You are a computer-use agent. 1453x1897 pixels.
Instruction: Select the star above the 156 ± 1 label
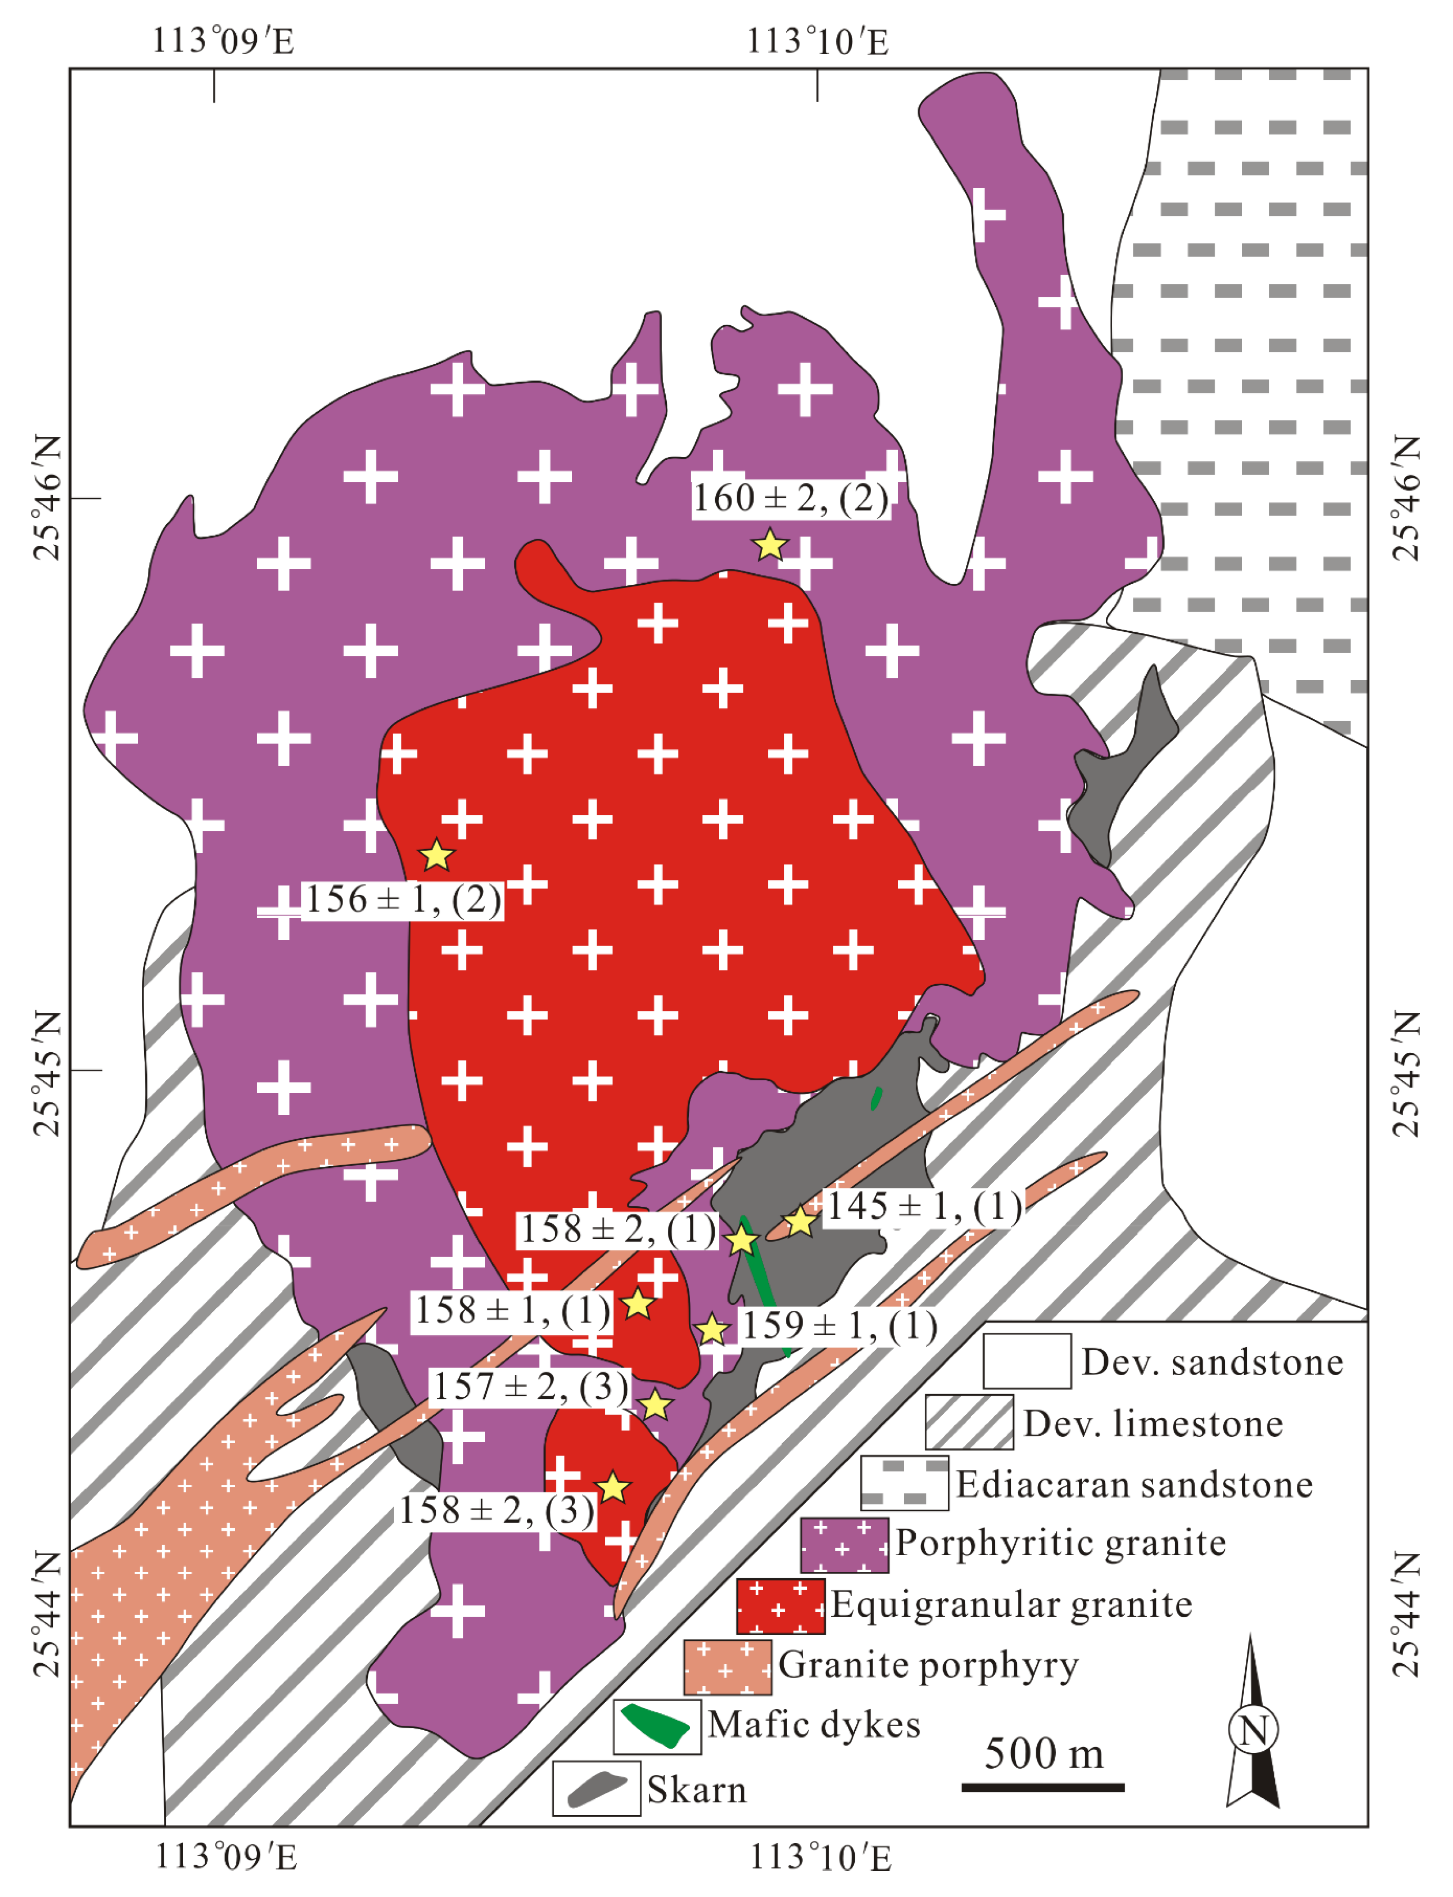click(x=437, y=856)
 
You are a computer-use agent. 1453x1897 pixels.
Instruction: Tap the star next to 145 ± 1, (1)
click(x=800, y=1221)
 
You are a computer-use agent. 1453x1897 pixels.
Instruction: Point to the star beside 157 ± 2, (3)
click(x=656, y=1405)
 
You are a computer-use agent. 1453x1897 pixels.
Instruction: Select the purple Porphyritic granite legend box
click(x=844, y=1545)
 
